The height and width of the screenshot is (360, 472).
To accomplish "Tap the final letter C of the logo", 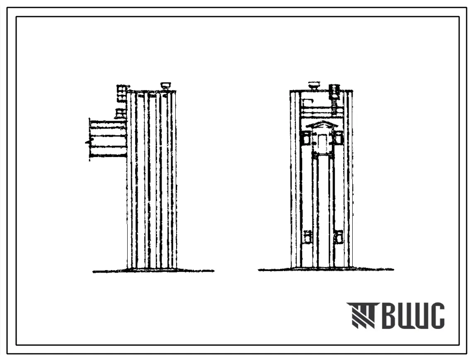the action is click(x=436, y=315).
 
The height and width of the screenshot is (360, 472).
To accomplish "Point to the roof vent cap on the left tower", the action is click(x=165, y=85).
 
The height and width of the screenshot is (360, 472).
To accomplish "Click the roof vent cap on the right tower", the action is click(x=314, y=86).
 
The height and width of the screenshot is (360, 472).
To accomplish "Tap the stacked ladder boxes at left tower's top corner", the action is click(x=121, y=93).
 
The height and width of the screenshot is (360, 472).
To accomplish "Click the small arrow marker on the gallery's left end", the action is click(x=87, y=141).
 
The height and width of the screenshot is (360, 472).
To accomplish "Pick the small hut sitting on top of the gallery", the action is click(x=120, y=114).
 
